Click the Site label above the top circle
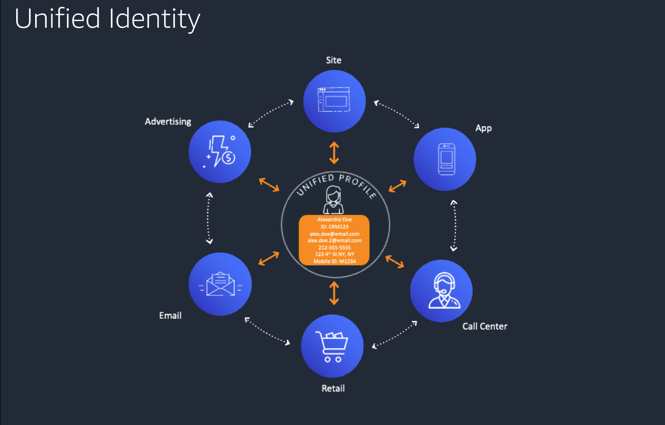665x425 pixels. coord(333,60)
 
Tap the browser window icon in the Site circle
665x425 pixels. coord(333,99)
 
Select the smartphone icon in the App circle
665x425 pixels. coord(446,159)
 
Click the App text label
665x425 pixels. coord(483,128)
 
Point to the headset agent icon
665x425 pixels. coord(443,290)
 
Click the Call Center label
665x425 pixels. coord(485,326)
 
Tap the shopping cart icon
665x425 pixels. coord(332,346)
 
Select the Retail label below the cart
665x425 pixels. coord(333,388)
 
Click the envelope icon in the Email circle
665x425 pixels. coord(220,284)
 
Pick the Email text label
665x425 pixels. coord(170,315)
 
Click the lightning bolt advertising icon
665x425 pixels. coord(220,151)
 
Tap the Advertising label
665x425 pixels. coord(168,122)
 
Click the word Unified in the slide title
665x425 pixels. coord(57,19)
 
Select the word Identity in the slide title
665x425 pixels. coord(154,20)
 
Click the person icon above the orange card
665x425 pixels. coord(333,200)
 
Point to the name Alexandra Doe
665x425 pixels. coord(334,220)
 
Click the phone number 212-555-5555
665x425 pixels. coord(334,247)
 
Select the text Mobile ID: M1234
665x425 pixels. coord(334,261)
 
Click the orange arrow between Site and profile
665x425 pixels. coord(334,153)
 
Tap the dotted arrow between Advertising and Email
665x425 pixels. coord(209,218)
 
